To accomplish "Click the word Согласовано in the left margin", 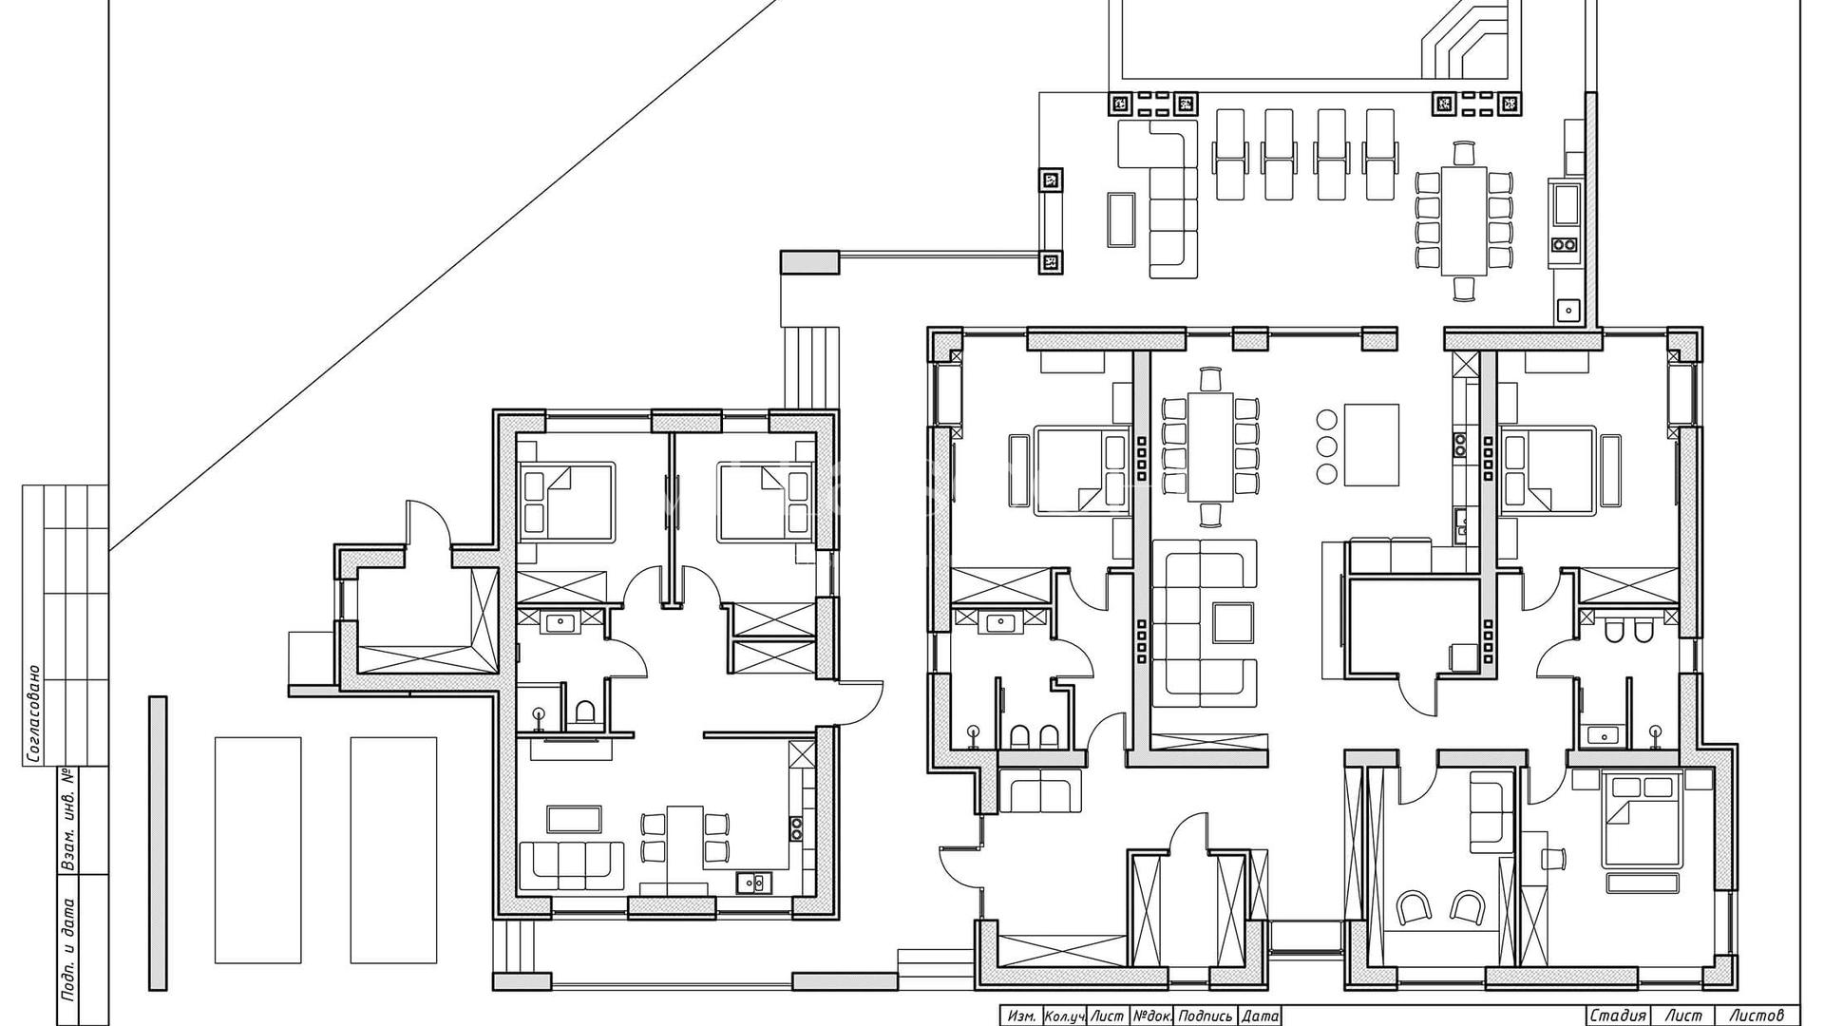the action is pyautogui.click(x=32, y=714).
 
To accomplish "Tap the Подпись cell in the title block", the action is pyautogui.click(x=1206, y=1016).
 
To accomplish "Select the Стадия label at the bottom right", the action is pyautogui.click(x=1617, y=1016).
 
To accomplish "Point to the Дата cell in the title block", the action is pyautogui.click(x=1260, y=1016).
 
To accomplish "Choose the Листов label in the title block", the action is pyautogui.click(x=1750, y=1016).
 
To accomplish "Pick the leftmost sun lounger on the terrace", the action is pyautogui.click(x=1229, y=154).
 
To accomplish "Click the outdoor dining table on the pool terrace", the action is pyautogui.click(x=1463, y=220).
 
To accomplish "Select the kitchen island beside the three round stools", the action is pyautogui.click(x=1371, y=445).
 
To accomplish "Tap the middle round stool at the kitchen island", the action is pyautogui.click(x=1326, y=446).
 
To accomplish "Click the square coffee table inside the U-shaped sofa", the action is pyautogui.click(x=1231, y=622).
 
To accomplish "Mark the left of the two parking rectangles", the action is pyautogui.click(x=257, y=849).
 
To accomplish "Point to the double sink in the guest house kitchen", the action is pyautogui.click(x=755, y=883).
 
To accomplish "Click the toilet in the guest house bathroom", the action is pyautogui.click(x=585, y=712).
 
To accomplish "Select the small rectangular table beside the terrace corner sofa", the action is pyautogui.click(x=1122, y=218).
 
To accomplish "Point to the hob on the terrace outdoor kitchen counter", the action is pyautogui.click(x=1565, y=244).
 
